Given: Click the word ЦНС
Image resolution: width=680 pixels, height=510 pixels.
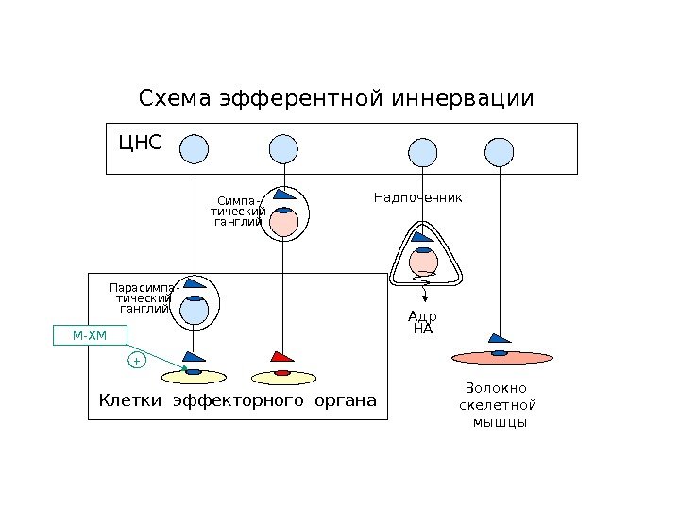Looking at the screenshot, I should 140,144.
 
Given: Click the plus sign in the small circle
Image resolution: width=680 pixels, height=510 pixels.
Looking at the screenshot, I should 136,362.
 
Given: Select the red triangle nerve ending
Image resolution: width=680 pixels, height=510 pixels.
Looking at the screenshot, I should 282,356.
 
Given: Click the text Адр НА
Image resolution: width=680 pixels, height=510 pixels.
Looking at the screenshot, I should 423,323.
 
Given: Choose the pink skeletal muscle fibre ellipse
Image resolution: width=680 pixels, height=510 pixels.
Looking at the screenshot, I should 501,357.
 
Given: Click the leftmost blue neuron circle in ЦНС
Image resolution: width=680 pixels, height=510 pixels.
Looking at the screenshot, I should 194,148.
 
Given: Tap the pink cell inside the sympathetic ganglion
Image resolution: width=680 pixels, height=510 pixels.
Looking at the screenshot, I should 283,222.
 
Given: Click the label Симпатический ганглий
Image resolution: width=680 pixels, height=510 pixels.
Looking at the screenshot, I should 236,212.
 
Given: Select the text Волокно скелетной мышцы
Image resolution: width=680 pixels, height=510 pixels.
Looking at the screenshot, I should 497,405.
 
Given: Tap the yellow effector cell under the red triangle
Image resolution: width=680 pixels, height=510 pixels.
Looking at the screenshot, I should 281,377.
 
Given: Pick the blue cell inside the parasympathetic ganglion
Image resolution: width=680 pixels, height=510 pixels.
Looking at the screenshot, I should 195,310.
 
